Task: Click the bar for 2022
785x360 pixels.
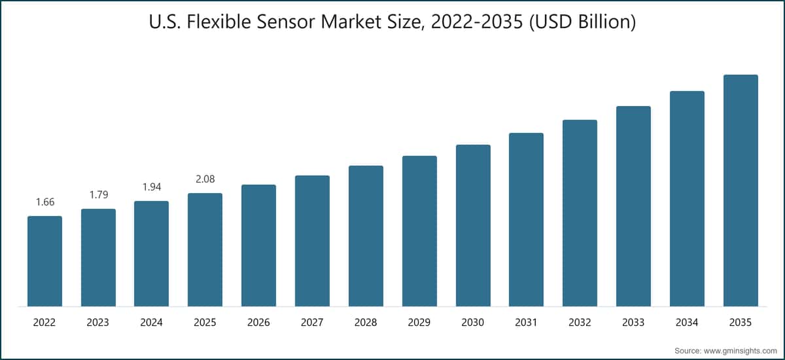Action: tap(44, 261)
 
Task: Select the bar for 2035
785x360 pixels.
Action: tap(741, 190)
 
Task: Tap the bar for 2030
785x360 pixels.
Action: tap(473, 226)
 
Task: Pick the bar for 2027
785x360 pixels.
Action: tap(312, 241)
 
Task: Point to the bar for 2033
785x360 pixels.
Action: tap(633, 206)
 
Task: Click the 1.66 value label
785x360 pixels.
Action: tap(44, 202)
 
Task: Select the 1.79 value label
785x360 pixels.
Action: tap(98, 194)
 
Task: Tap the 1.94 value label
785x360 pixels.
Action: tap(151, 187)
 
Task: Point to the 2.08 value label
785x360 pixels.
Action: tap(205, 179)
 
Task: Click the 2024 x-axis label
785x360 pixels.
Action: tap(151, 323)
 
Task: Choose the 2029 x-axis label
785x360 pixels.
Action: tap(419, 323)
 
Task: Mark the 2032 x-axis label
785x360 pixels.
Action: tap(580, 323)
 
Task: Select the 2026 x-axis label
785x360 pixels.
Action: tap(258, 323)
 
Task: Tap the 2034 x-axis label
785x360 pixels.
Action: tap(687, 323)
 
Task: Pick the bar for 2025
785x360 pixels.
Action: tap(205, 249)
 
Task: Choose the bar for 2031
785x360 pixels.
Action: tap(526, 219)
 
